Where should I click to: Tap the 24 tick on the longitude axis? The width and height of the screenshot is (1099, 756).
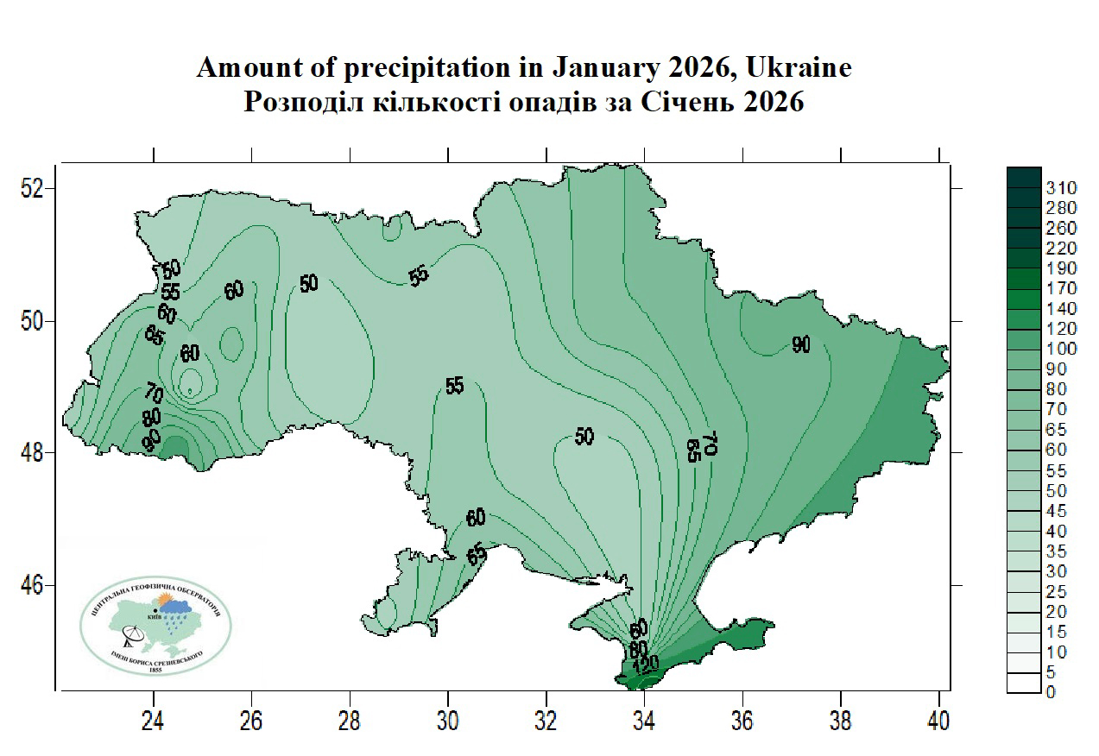point(154,719)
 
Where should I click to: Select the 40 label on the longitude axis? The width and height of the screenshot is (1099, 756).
point(939,719)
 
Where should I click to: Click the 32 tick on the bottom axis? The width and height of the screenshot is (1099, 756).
point(546,719)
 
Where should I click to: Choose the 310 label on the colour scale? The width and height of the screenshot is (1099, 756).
point(1061,188)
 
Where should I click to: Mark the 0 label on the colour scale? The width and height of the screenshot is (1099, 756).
point(1050,692)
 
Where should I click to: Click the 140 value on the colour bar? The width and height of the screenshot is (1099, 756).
point(1061,308)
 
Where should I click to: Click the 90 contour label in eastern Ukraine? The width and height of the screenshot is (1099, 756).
point(801,345)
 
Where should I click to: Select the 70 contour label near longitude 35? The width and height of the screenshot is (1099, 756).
point(710,444)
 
